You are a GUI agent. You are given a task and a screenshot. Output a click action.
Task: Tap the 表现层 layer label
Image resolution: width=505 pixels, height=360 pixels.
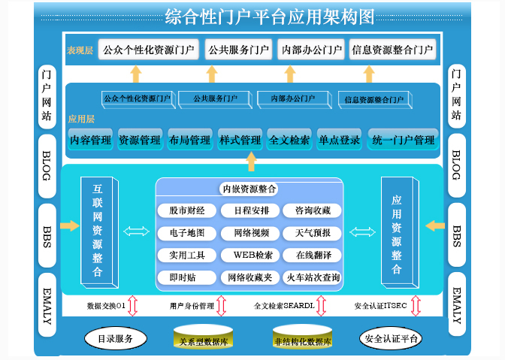click(x=80, y=50)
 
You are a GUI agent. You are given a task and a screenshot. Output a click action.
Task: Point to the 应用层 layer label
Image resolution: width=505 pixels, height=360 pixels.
click(x=81, y=119)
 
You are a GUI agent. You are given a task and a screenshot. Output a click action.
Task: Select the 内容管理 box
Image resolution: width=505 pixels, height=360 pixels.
click(x=90, y=140)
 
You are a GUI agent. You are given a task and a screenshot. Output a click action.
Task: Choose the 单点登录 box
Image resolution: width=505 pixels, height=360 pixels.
click(x=339, y=140)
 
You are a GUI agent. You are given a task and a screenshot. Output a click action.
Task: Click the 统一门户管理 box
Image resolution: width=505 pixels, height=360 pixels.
click(x=402, y=140)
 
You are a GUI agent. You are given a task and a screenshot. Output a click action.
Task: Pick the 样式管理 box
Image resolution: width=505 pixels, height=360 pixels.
click(x=240, y=140)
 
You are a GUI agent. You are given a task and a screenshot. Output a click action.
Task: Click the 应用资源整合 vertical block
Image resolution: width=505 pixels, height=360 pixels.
click(x=396, y=229)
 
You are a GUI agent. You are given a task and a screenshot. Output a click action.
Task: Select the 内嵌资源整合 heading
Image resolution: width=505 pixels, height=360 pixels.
click(x=249, y=189)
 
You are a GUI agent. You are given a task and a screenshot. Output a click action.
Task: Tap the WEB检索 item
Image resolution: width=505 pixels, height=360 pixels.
click(x=247, y=256)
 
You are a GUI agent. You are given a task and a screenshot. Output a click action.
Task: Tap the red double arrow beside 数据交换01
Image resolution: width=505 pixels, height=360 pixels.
click(x=132, y=306)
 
